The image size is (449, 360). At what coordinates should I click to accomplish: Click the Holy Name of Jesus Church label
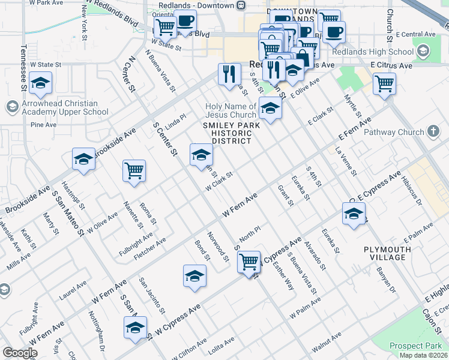click(231, 110)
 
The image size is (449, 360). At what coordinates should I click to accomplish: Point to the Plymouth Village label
click(387, 253)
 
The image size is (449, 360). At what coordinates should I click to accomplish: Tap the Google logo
click(19, 353)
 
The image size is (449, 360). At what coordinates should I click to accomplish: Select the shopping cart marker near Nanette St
click(134, 170)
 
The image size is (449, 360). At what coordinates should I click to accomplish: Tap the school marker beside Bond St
click(194, 276)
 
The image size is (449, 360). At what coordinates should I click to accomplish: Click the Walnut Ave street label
click(327, 343)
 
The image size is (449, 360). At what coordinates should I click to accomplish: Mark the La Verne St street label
click(346, 161)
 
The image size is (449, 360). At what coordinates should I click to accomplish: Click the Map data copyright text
click(423, 355)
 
